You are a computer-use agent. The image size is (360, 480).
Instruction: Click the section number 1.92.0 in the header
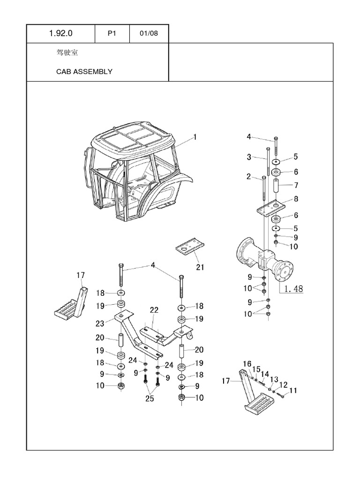[x=60, y=34]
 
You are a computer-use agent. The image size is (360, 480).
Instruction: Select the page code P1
[x=112, y=34]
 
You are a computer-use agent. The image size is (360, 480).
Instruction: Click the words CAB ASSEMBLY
[x=84, y=72]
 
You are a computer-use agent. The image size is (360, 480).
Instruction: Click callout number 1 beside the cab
[x=195, y=137]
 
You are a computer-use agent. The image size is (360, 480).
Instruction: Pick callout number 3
[x=249, y=157]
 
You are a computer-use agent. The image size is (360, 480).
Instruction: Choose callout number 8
[x=296, y=199]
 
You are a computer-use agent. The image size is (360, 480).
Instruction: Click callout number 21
[x=201, y=268]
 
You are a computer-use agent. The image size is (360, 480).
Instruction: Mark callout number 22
[x=154, y=310]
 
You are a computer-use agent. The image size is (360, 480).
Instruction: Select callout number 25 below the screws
[x=150, y=398]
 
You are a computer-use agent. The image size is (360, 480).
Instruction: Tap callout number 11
[x=293, y=390]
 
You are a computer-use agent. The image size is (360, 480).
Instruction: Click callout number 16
[x=247, y=364]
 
